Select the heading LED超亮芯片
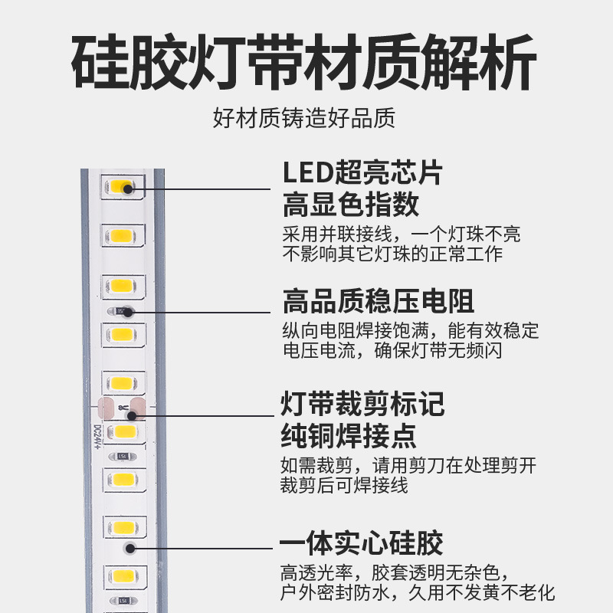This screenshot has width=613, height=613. coord(362,172)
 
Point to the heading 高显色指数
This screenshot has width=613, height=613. coord(350,205)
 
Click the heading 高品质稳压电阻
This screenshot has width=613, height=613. coord(378,301)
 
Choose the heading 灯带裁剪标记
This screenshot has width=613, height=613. coord(362,403)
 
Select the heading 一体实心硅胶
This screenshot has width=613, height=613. coord(362,543)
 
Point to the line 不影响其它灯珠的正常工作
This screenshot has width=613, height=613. coord(392,254)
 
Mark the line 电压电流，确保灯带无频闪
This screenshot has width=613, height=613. coord(392,352)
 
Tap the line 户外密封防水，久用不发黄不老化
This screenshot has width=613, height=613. coord(418,592)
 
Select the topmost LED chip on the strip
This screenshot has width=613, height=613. coord(121,187)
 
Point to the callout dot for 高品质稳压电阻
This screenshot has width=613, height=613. coord(129,312)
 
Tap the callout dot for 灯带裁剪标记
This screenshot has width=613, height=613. coord(132,415)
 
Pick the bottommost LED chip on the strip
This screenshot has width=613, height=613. coord(121,576)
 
